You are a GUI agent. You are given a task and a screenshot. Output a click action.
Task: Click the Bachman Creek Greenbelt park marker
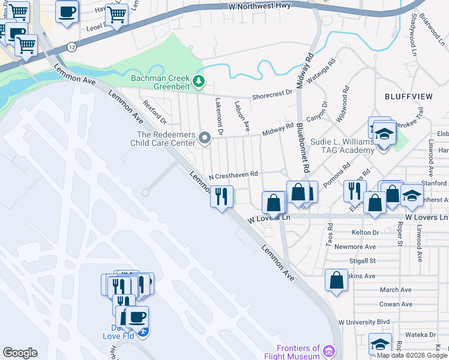point(199,80)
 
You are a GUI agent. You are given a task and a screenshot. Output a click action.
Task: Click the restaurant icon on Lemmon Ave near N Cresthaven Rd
point(221,196)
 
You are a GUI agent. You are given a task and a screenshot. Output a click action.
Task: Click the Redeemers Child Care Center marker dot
point(205,139)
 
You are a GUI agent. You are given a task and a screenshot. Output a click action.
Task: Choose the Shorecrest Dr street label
point(272,93)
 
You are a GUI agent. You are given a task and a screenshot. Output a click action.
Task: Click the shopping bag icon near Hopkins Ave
point(337,280)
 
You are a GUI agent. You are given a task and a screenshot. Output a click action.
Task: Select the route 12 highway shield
point(72,46)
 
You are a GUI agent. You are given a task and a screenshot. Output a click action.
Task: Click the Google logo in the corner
point(20,353)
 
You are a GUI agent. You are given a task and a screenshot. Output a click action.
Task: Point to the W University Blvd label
point(364,322)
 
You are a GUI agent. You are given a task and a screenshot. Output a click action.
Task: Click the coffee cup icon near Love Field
point(137,317)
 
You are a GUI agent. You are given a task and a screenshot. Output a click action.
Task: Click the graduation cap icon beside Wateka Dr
point(380,344)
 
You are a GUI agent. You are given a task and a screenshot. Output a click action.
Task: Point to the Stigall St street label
point(362,261)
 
